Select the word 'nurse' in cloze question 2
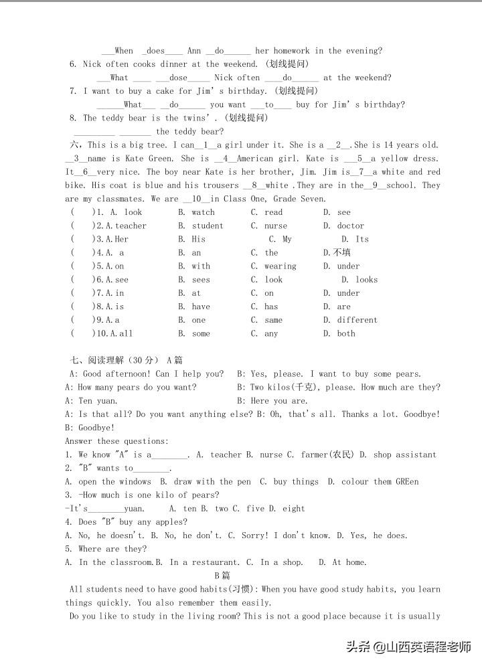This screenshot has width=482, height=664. pos(275,226)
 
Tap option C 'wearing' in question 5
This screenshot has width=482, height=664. pos(280,266)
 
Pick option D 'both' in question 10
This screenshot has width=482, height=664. pos(346,333)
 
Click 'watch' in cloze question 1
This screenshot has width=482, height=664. pos(203,212)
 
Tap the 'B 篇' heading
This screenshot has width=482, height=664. pos(222,576)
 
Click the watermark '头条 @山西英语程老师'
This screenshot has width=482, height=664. pos(408,647)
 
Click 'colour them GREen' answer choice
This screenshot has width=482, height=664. pos(380,481)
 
